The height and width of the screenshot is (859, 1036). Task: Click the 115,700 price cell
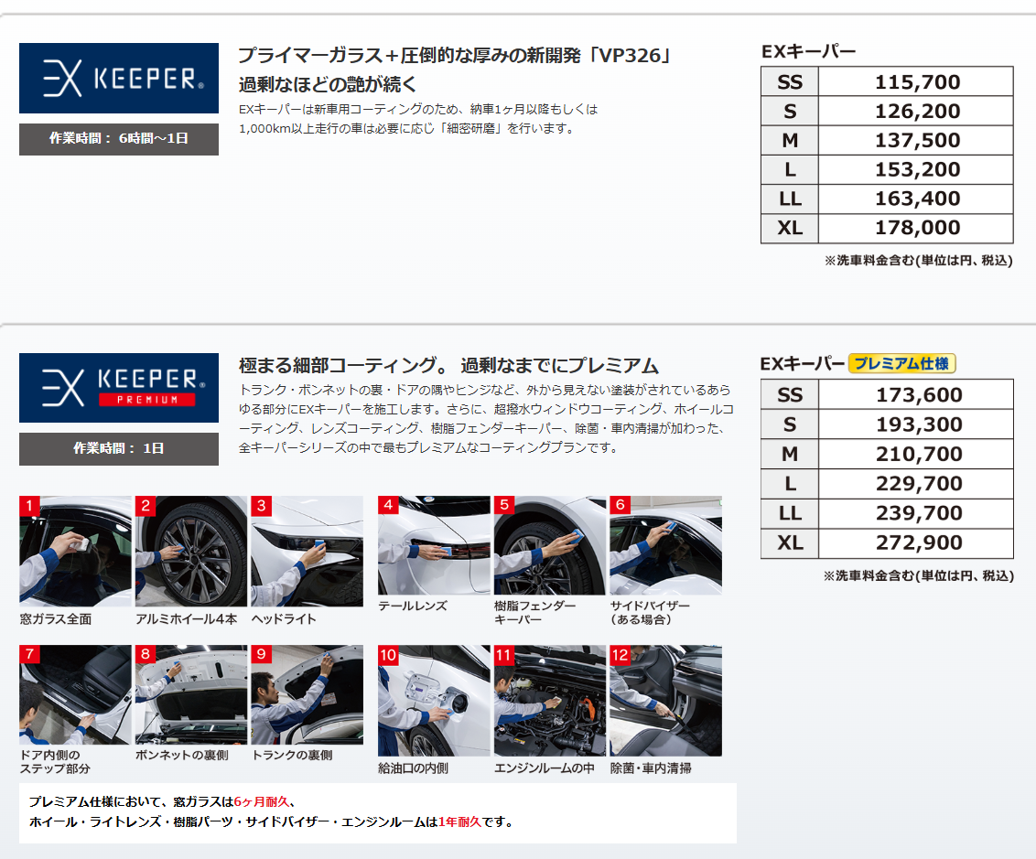click(x=916, y=81)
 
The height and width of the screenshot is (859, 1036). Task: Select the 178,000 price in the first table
click(x=916, y=228)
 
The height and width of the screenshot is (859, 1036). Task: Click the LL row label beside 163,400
click(x=790, y=199)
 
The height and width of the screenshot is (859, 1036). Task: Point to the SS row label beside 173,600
click(x=790, y=395)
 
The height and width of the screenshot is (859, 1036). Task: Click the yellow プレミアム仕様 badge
click(x=901, y=363)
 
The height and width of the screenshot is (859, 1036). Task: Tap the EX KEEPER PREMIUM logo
click(x=119, y=388)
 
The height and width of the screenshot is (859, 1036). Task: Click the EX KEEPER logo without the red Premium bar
click(x=119, y=78)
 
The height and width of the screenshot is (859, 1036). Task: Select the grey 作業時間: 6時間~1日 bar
click(x=119, y=139)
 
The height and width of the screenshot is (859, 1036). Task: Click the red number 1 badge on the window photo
click(x=29, y=505)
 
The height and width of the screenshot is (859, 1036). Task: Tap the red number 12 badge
click(x=620, y=654)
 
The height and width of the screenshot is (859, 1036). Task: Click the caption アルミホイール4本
click(x=187, y=618)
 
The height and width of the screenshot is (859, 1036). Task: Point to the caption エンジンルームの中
click(x=545, y=768)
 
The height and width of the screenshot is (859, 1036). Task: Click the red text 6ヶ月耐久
click(x=262, y=801)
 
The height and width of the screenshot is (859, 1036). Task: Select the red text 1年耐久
click(x=459, y=822)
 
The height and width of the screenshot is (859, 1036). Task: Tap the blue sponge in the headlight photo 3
click(x=320, y=545)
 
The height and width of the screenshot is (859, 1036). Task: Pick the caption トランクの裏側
click(x=292, y=755)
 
